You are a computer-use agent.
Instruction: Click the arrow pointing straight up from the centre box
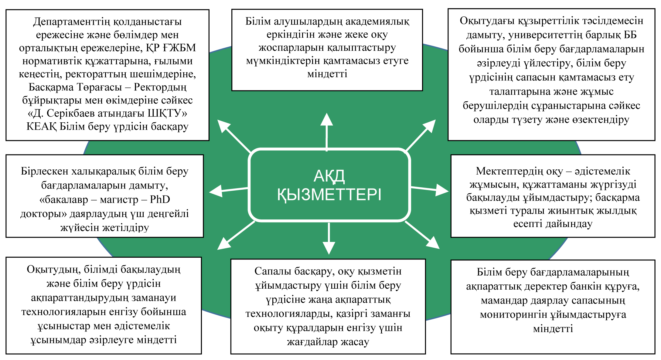pos(327,131)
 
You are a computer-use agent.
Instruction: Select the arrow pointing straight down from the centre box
pos(329,238)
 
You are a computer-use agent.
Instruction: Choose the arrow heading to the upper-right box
pos(421,135)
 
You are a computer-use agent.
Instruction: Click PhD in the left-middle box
pos(160,199)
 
